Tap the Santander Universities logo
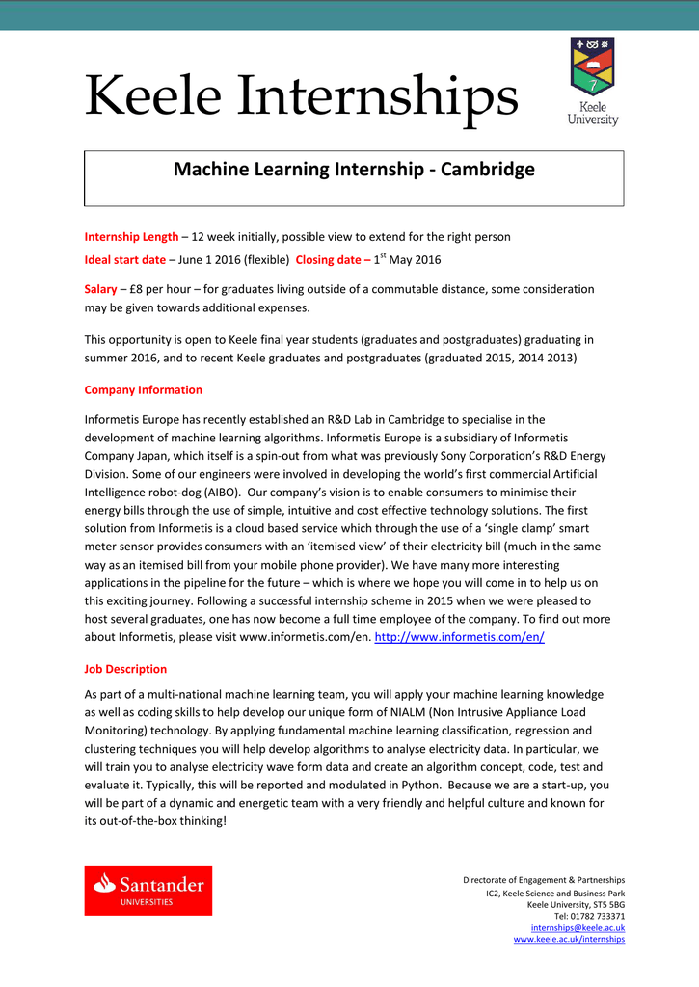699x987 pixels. (x=148, y=890)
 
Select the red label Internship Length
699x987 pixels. (x=131, y=237)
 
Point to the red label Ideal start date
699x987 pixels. (x=124, y=260)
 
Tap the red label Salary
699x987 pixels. (x=100, y=289)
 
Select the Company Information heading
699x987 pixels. (x=143, y=390)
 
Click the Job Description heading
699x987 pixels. (x=125, y=669)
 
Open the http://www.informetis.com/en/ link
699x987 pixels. (x=459, y=638)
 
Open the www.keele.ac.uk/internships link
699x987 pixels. (x=569, y=939)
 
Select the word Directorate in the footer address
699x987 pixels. (x=488, y=880)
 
